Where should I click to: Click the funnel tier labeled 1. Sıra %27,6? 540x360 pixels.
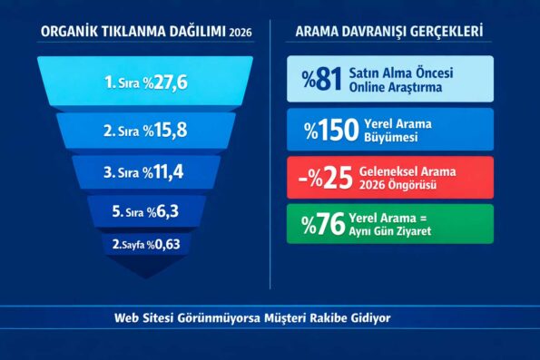(x=145, y=82)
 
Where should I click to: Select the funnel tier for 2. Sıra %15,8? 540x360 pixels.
(x=145, y=130)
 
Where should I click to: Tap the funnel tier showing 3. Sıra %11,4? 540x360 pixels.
(x=145, y=170)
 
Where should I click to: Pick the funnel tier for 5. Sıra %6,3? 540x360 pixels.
(x=145, y=211)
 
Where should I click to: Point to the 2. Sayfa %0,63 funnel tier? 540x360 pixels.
(x=145, y=243)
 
